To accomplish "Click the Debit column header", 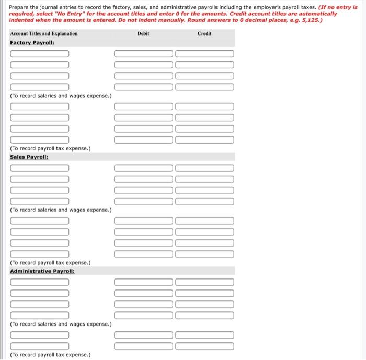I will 143,33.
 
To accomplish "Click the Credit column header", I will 204,33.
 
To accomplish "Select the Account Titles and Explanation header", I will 44,33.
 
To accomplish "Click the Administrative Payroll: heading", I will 42,271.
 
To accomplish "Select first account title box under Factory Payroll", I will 39,54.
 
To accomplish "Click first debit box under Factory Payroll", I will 143,54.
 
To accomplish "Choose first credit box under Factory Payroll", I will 204,54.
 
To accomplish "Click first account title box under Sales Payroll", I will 39,168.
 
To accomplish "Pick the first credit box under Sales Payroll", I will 204,168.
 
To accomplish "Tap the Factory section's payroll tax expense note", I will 50,148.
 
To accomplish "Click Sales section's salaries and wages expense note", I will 61,210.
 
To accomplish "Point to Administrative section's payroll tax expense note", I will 50,355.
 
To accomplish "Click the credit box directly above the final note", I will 204,345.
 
